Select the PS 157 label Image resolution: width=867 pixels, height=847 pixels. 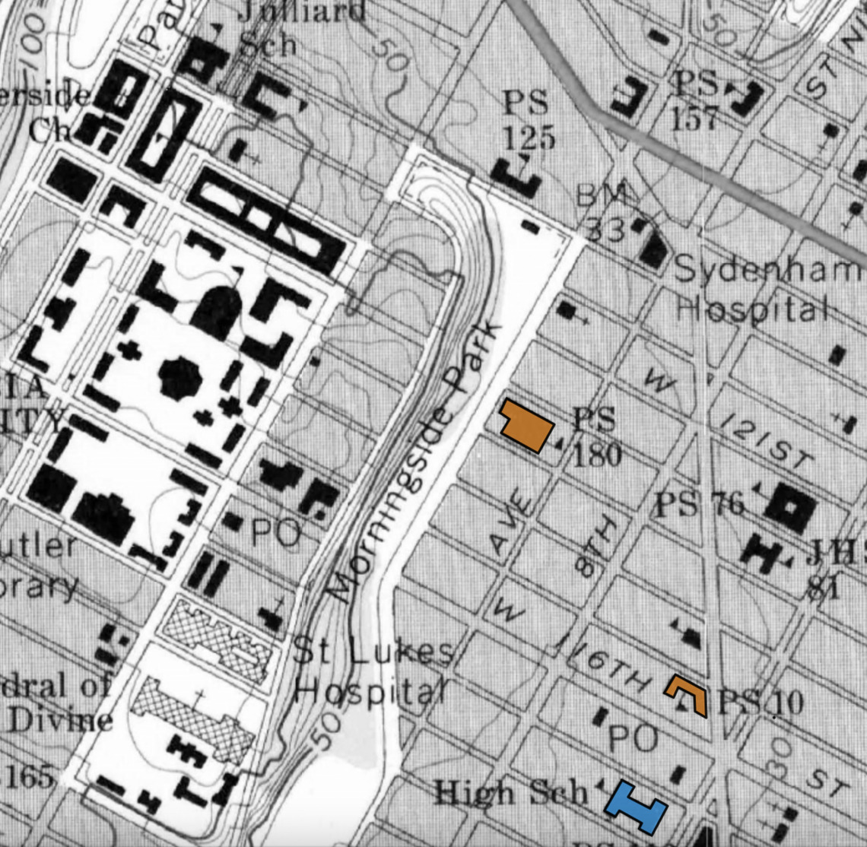[x=695, y=100]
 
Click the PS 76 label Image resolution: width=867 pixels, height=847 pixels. [x=699, y=503]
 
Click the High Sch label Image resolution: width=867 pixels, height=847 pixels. [x=510, y=793]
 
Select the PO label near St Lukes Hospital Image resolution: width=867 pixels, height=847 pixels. [x=275, y=535]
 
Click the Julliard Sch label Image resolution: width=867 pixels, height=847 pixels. [x=297, y=28]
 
